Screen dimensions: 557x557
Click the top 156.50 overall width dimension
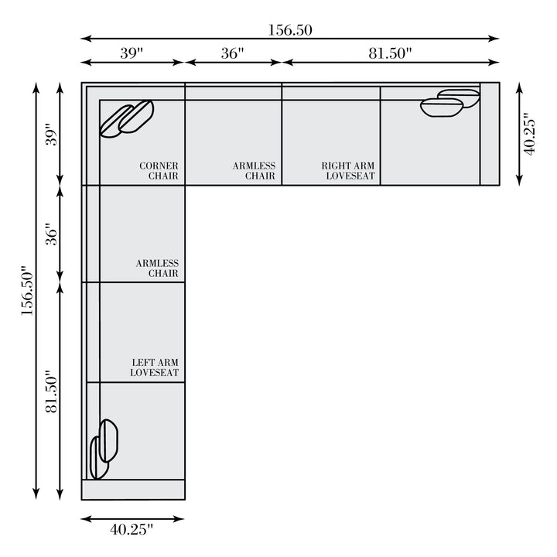(x=290, y=30)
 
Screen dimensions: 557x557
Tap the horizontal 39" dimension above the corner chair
(x=132, y=53)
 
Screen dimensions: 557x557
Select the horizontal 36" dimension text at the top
(x=233, y=53)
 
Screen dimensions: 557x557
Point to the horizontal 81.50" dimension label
(x=390, y=53)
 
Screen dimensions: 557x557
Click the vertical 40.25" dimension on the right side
(x=530, y=134)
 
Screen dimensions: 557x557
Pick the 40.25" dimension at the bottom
(x=132, y=530)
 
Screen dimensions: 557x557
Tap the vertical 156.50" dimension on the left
(x=27, y=290)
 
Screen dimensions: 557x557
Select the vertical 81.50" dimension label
(x=52, y=391)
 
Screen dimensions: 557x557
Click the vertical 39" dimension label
(x=52, y=135)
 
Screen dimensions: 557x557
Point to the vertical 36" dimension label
(x=52, y=234)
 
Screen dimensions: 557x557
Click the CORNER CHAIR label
(x=159, y=171)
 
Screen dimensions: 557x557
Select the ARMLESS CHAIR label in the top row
(x=254, y=171)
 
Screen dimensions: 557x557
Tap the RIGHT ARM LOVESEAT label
(x=348, y=171)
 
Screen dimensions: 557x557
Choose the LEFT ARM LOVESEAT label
(x=155, y=367)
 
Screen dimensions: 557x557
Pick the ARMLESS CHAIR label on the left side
(x=157, y=268)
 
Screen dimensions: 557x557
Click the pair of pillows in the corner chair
(x=127, y=119)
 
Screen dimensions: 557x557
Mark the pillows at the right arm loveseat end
(x=450, y=103)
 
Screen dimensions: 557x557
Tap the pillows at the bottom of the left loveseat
(x=104, y=449)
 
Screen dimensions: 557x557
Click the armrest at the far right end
(x=490, y=134)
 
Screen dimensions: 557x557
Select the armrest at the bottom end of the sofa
(x=133, y=490)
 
